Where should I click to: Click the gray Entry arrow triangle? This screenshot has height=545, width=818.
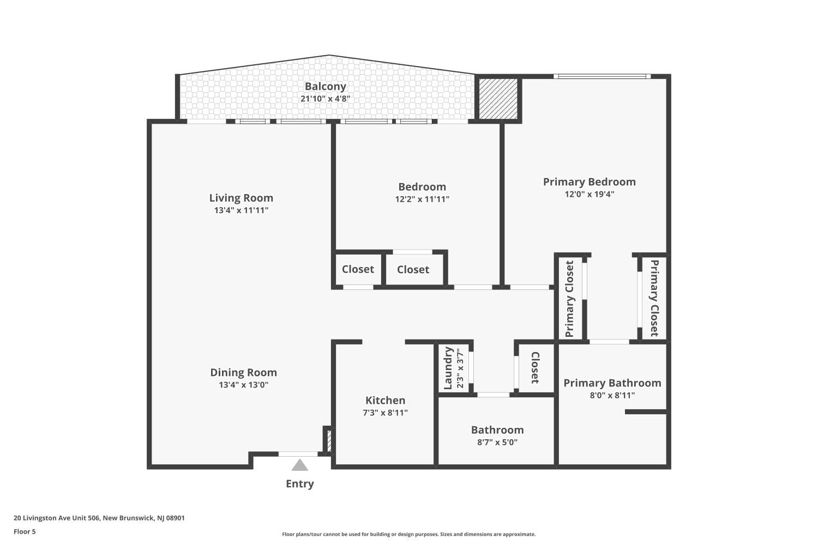coord(299,465)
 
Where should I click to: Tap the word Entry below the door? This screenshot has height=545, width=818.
coord(299,484)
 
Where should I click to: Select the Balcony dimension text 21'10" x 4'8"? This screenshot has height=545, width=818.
coord(325,99)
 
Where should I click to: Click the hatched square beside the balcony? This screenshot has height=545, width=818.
coord(498,99)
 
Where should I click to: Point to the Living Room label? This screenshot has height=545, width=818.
coord(241,198)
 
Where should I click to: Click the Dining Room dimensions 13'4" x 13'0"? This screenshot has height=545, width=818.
coord(243,385)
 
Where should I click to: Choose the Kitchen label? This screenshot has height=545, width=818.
coord(385,400)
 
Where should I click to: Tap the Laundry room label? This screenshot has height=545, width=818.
coord(448,368)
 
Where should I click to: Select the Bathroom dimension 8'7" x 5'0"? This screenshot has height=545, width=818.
coord(497,442)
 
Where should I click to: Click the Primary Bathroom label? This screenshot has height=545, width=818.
coord(612,383)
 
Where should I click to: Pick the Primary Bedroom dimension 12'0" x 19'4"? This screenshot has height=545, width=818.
coord(589,194)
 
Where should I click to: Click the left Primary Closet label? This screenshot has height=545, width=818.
coord(569,299)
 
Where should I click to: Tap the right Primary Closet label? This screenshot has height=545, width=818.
coord(654,298)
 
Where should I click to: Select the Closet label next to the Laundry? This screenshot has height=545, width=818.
coord(535,367)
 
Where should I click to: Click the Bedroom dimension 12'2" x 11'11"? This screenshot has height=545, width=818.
coord(422,199)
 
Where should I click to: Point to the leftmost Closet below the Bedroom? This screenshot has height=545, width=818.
coord(358,269)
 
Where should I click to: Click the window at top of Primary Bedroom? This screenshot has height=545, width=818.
coord(602,76)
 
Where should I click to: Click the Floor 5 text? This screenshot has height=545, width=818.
coord(25,532)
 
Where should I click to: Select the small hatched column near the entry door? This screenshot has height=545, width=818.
coord(328,440)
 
